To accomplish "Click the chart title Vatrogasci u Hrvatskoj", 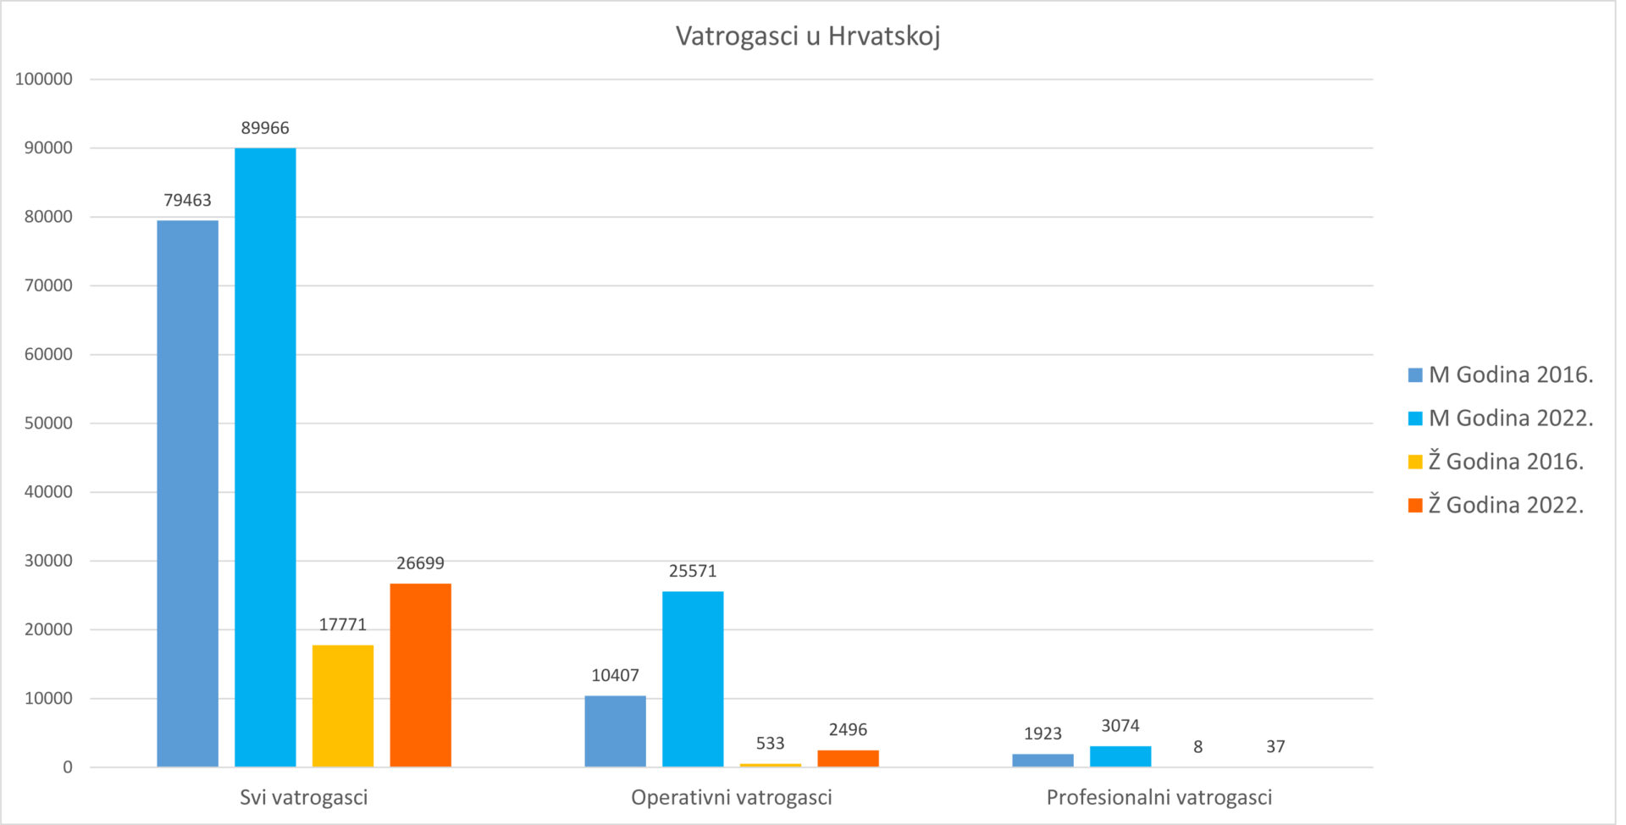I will point(808,36).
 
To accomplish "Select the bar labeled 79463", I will point(187,493).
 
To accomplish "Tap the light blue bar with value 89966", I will point(265,457).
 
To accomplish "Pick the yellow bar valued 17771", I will point(342,706).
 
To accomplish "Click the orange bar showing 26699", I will point(420,675).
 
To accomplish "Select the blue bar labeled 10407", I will point(615,731).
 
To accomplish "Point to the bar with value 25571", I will point(693,678).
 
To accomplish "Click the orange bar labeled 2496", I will point(848,758).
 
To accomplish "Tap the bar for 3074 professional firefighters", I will point(1120,756).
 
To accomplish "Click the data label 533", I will point(770,743).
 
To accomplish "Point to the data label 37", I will point(1275,746).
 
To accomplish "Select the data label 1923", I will point(1043,734).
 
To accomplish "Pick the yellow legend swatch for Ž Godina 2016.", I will point(1415,462).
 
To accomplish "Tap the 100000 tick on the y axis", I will point(44,79).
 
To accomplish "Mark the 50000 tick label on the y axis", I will point(48,423).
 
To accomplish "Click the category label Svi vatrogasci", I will point(304,797).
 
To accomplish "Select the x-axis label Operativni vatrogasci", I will point(732,797).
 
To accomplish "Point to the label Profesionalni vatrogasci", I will point(1159,797).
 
